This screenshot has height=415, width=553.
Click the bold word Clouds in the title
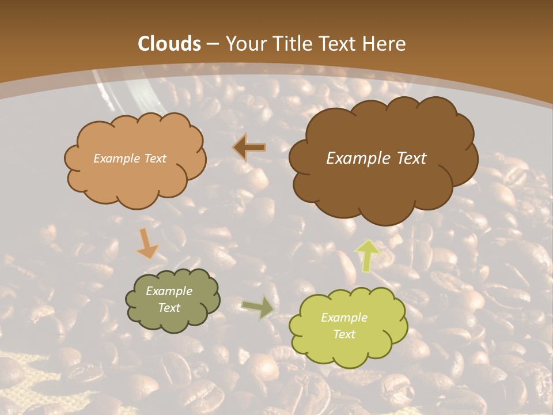(x=169, y=44)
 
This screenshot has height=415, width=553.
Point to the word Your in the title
(x=246, y=44)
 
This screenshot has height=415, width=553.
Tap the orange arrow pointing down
(x=147, y=244)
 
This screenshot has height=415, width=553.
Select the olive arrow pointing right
(x=258, y=308)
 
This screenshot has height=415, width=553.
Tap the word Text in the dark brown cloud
(x=412, y=159)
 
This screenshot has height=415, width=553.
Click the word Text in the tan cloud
(x=154, y=159)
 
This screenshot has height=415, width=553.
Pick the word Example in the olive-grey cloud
(x=169, y=291)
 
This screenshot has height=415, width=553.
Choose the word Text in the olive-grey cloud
(x=169, y=308)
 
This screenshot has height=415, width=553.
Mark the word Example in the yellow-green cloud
(x=344, y=318)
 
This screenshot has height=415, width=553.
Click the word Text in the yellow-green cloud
(x=344, y=334)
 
